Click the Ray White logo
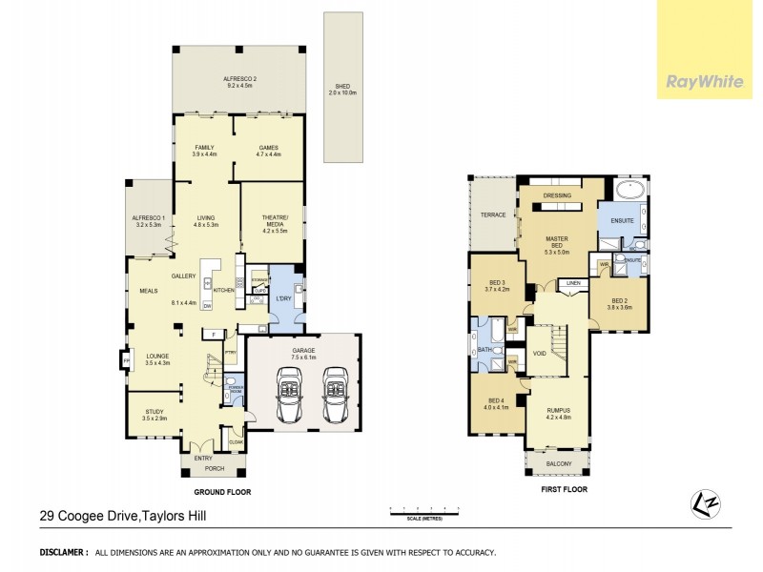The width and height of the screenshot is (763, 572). [x=709, y=82]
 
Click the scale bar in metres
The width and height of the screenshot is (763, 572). [x=419, y=514]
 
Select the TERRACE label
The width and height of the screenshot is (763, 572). [x=492, y=215]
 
